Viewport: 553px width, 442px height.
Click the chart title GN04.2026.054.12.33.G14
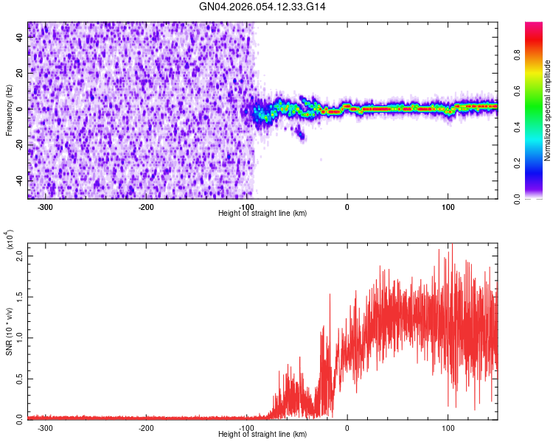[262, 7]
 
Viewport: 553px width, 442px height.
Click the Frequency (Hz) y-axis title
[9, 110]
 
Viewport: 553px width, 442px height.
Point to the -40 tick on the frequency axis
[20, 180]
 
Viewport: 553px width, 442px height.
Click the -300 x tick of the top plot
[45, 207]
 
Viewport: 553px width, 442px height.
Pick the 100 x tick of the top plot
[448, 207]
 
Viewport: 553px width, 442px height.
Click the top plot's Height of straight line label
[262, 213]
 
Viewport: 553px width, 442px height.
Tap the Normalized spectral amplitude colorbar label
[548, 110]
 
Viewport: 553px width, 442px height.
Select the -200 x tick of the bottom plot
[146, 427]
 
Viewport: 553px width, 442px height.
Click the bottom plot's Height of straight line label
[262, 434]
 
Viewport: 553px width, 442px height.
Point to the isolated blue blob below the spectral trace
[299, 133]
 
